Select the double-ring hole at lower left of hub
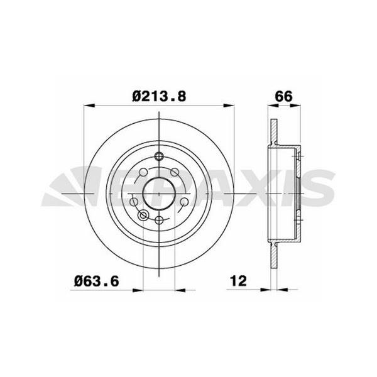pos(143,216)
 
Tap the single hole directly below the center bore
pos(159,219)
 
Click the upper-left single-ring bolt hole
pos(144,172)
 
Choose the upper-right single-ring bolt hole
pos(174,172)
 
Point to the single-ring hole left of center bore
pos(133,202)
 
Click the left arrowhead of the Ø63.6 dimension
pos(140,290)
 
